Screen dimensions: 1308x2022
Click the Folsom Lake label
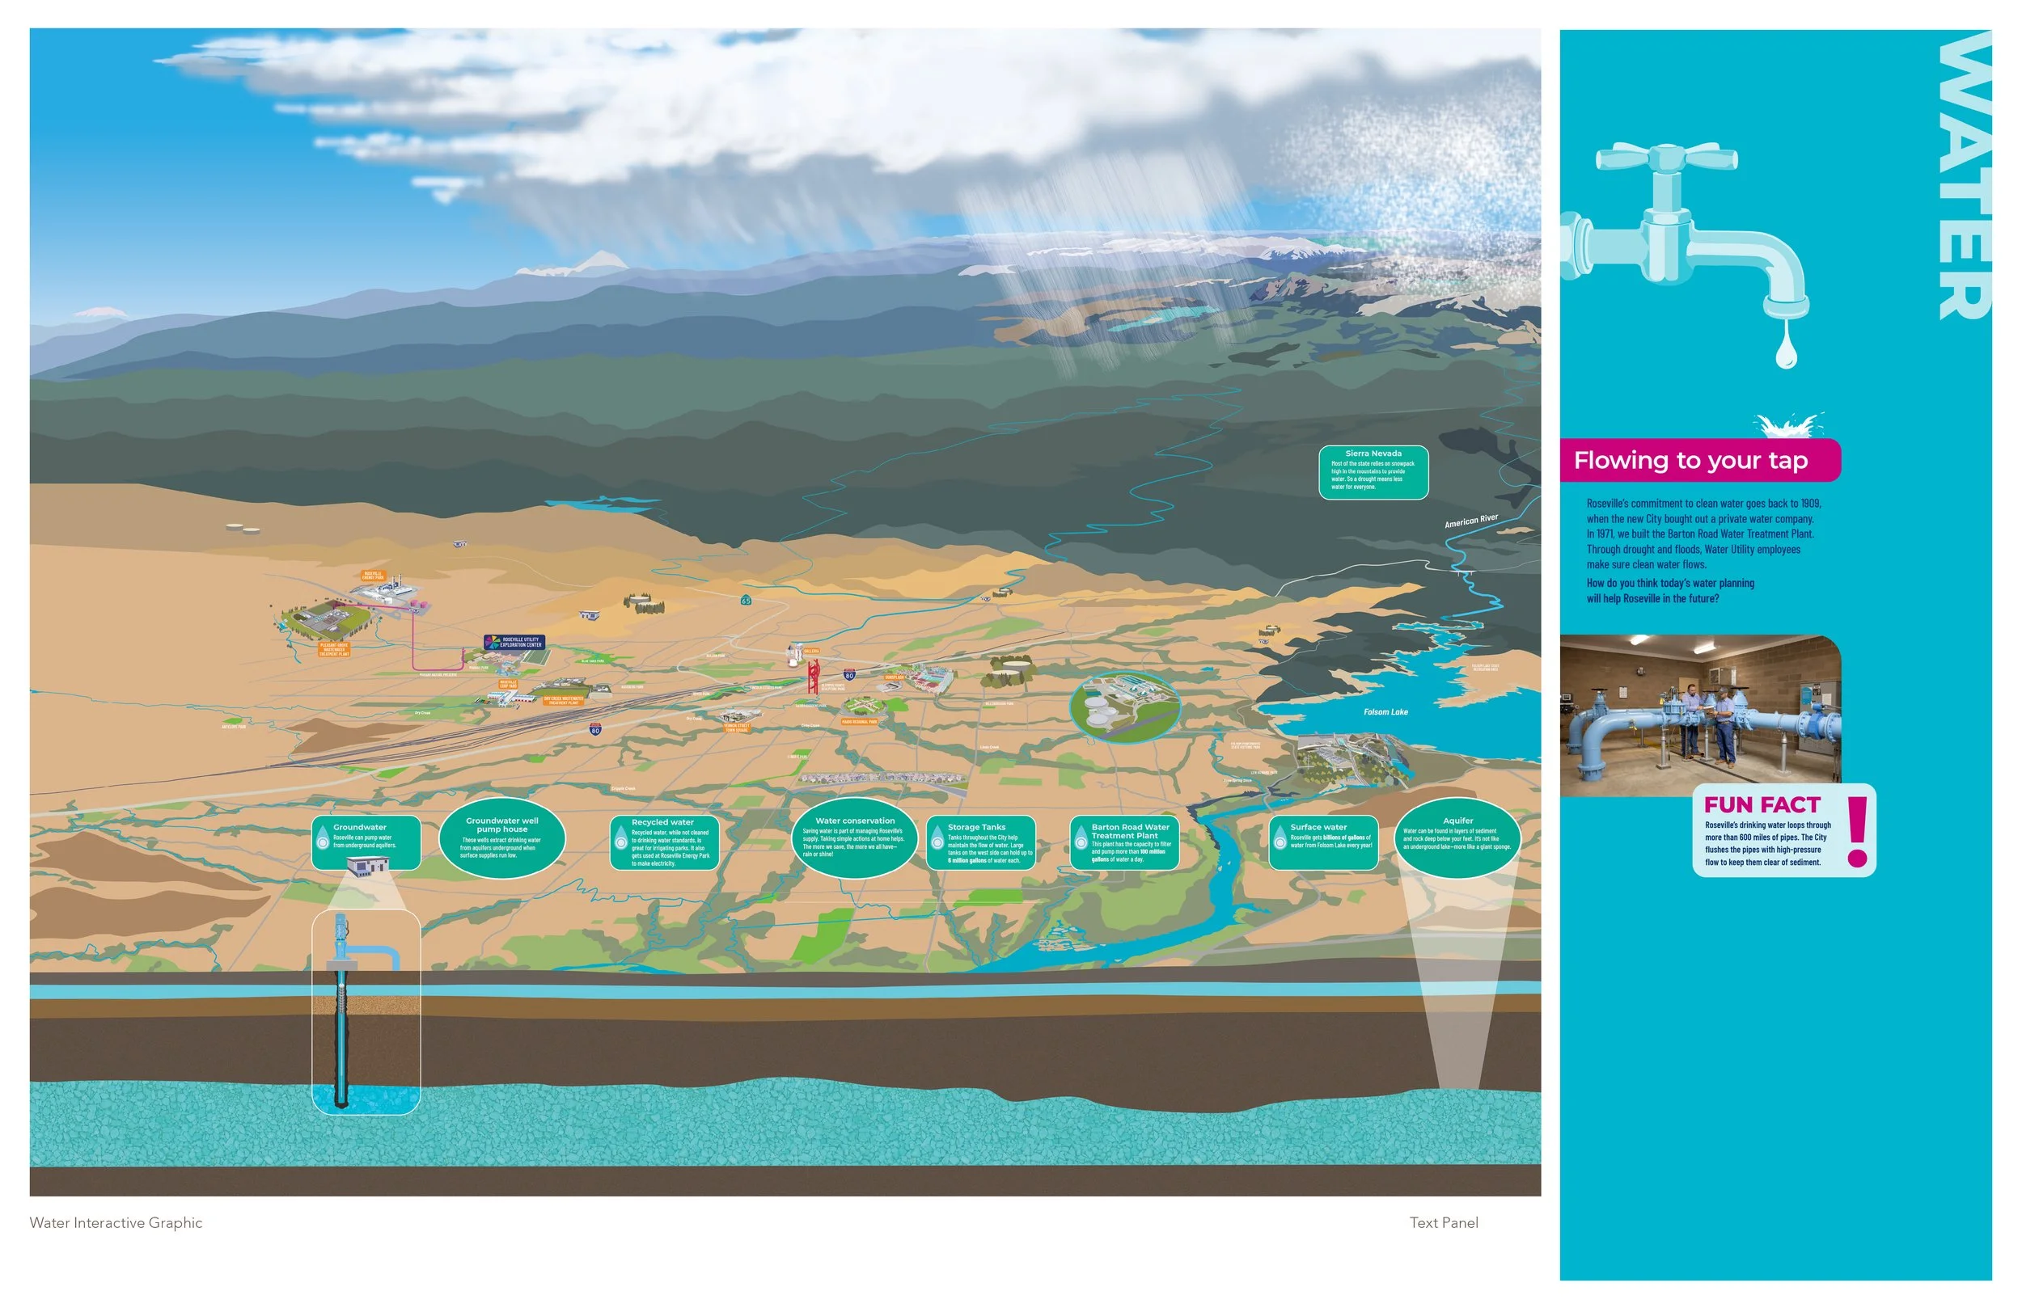click(1385, 711)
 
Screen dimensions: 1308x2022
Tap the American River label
click(1470, 521)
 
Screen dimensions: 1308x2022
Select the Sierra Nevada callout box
click(1373, 471)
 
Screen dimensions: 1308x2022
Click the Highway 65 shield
click(745, 600)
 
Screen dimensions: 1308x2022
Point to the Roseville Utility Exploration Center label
click(514, 642)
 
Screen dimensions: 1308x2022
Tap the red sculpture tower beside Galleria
click(812, 677)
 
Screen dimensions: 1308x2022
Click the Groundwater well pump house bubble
click(501, 838)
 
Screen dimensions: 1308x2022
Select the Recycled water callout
click(663, 842)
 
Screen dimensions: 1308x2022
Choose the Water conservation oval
click(854, 838)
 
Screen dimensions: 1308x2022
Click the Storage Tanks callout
click(980, 842)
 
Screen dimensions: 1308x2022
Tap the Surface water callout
click(1323, 842)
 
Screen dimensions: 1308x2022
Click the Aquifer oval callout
click(1457, 838)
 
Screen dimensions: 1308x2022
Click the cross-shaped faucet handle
click(1666, 158)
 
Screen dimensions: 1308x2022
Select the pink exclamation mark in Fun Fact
click(1857, 832)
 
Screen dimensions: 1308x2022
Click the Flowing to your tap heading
click(1690, 460)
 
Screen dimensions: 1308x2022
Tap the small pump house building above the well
click(368, 866)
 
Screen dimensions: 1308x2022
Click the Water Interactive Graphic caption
click(116, 1223)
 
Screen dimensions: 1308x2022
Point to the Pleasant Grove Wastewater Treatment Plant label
click(334, 649)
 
